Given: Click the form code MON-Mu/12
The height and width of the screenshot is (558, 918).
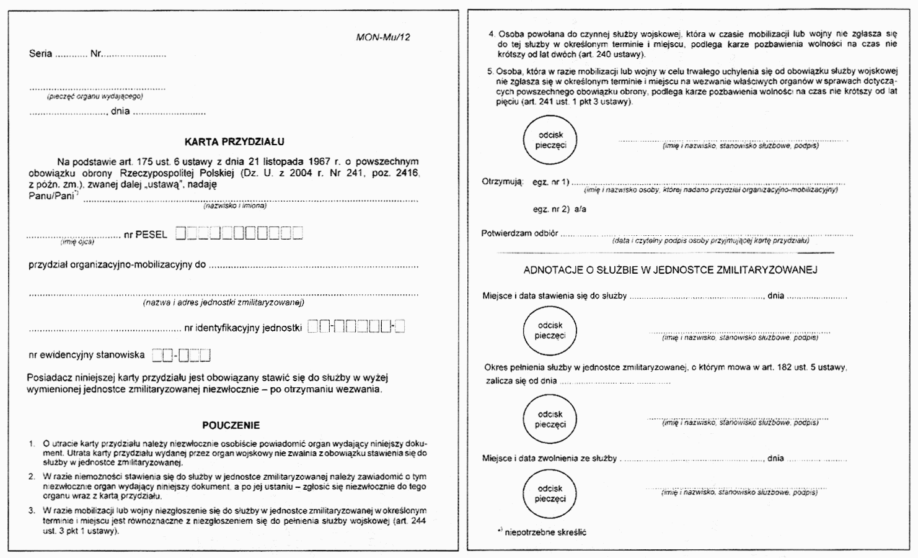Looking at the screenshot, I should pyautogui.click(x=383, y=37).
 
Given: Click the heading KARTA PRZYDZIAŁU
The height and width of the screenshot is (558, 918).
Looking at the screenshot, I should pyautogui.click(x=234, y=142).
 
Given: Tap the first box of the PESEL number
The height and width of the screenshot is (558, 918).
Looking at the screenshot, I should pyautogui.click(x=180, y=234).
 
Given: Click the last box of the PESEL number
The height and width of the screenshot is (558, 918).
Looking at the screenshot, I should pyautogui.click(x=298, y=234).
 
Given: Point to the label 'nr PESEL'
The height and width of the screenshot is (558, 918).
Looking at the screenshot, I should pyautogui.click(x=145, y=235).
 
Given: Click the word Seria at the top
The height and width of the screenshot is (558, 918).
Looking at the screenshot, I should pyautogui.click(x=40, y=54).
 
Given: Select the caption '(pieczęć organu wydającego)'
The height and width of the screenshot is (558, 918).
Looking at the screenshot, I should pyautogui.click(x=94, y=97).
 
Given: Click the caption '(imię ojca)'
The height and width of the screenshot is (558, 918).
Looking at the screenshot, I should pyautogui.click(x=77, y=242).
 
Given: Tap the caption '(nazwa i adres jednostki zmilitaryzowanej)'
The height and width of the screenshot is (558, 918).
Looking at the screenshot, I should pyautogui.click(x=223, y=303).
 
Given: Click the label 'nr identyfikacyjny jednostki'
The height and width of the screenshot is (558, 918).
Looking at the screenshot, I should pyautogui.click(x=242, y=328).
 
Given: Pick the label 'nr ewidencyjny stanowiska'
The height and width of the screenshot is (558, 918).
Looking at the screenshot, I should pyautogui.click(x=86, y=356).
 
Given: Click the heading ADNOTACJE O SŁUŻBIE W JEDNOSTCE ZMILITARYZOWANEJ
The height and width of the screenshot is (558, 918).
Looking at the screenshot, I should pyautogui.click(x=670, y=270).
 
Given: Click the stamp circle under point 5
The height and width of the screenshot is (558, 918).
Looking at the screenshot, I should pyautogui.click(x=550, y=140).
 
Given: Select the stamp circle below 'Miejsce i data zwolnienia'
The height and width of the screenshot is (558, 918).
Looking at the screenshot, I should pyautogui.click(x=550, y=494).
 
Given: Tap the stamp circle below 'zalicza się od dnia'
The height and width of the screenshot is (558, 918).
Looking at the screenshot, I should pyautogui.click(x=550, y=420).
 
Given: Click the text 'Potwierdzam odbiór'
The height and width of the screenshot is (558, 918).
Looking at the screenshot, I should pyautogui.click(x=519, y=234).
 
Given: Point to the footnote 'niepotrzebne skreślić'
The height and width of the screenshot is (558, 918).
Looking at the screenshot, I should pyautogui.click(x=545, y=533).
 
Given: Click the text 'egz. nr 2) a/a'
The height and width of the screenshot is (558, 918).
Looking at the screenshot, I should pyautogui.click(x=559, y=210).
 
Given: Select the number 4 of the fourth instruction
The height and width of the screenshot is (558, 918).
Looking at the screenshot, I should pyautogui.click(x=492, y=34).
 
